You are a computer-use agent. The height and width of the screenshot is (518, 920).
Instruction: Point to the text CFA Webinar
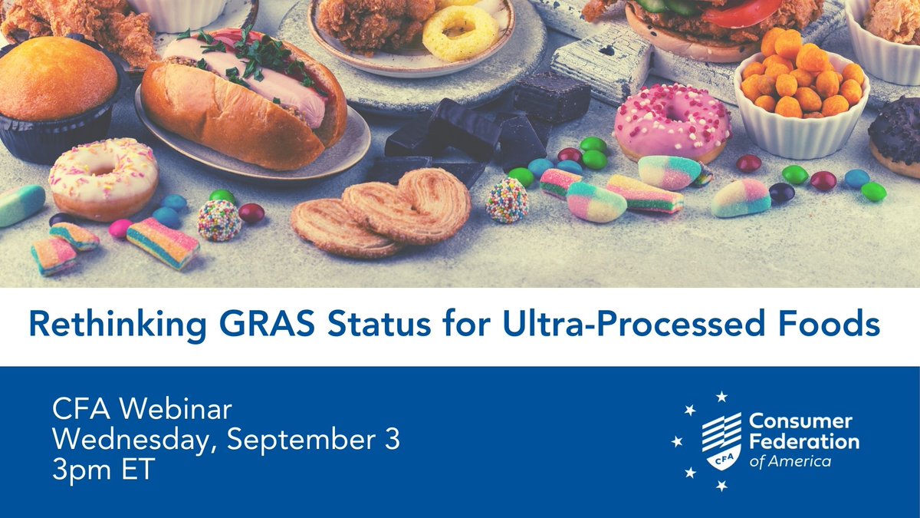142,411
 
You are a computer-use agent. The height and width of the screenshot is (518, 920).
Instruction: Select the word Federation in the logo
803,442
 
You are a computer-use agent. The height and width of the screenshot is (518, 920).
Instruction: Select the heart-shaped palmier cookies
383,213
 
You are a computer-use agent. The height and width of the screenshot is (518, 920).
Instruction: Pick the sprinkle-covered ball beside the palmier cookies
507,200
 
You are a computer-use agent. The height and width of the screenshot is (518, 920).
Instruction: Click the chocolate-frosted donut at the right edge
897,134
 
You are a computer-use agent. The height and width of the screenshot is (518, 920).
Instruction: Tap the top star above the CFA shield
721,397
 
